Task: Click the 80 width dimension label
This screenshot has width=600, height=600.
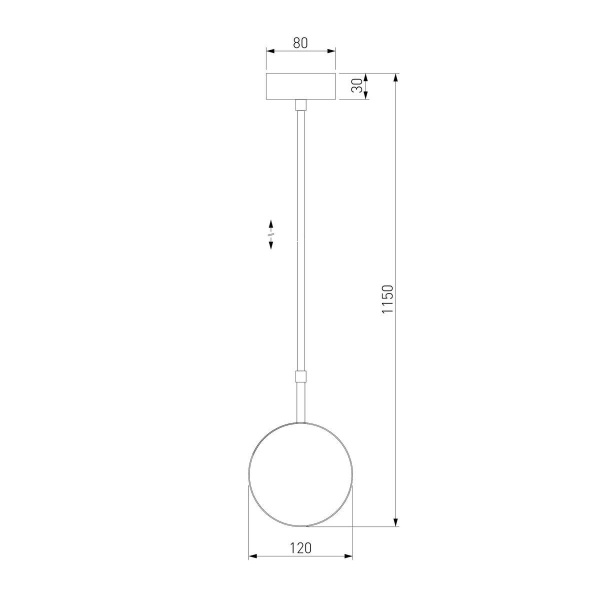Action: tap(300, 43)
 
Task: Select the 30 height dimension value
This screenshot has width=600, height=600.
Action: tap(357, 86)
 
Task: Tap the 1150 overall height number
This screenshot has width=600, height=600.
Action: tap(387, 300)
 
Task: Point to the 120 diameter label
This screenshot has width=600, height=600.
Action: tap(300, 547)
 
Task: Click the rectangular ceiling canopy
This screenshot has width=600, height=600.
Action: tap(300, 86)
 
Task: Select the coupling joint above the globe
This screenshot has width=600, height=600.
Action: tap(300, 376)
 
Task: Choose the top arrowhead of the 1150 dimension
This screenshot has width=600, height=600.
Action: tap(397, 77)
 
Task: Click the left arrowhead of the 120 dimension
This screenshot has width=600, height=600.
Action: tap(253, 557)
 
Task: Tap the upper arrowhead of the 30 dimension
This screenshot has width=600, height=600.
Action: tap(367, 76)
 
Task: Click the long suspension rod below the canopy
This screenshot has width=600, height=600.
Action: tap(300, 240)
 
